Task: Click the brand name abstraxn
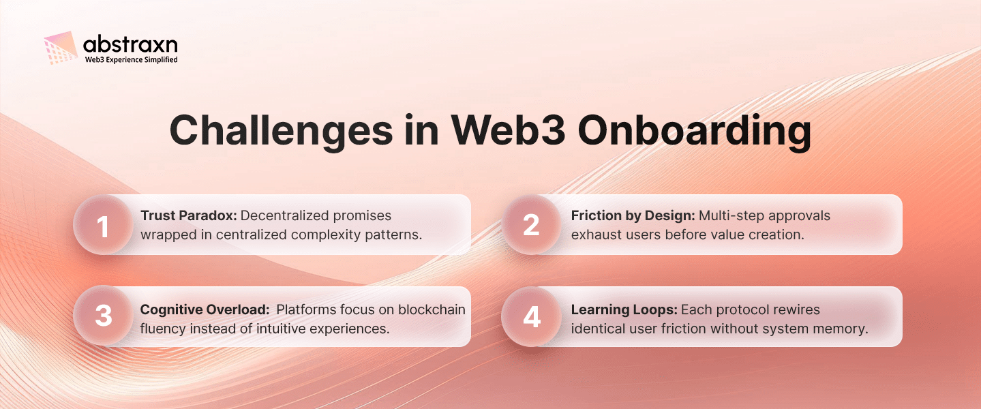click(130, 45)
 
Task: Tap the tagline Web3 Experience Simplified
click(131, 60)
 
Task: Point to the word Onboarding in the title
click(695, 130)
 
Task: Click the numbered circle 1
click(103, 226)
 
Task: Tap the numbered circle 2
click(531, 226)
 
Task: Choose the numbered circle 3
click(103, 316)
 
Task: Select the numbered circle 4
click(531, 316)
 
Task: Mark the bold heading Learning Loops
click(624, 309)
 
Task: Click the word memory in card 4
click(845, 329)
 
